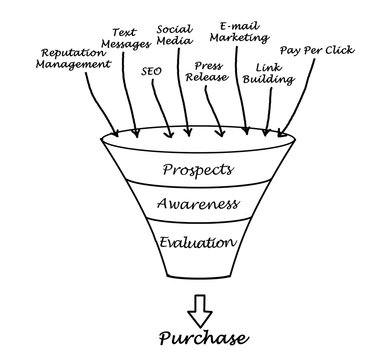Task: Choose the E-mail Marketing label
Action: coord(239,31)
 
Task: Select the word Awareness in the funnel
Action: coord(197,206)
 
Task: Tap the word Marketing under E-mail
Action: coord(238,38)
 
